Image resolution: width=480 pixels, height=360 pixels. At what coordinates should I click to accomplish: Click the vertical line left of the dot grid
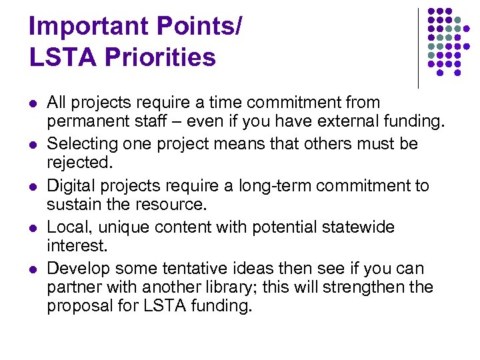[418, 48]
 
